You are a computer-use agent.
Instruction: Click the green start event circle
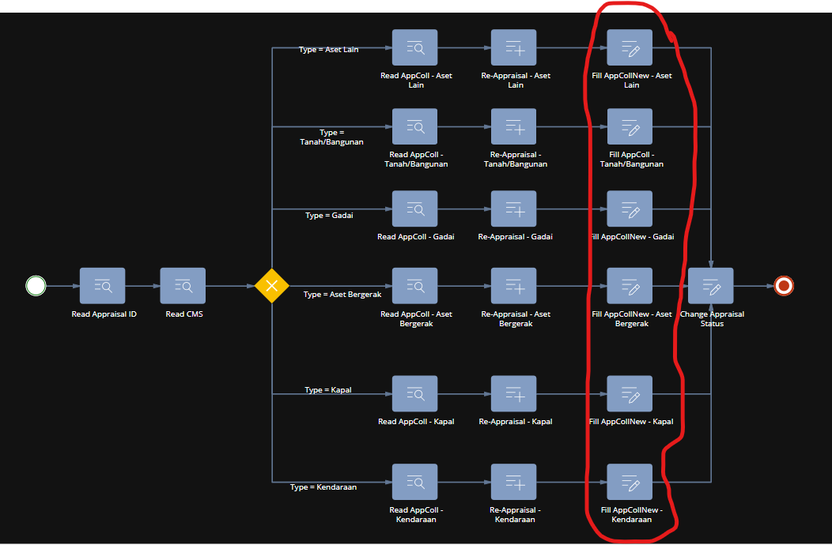click(x=36, y=285)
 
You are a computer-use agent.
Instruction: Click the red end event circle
click(x=784, y=285)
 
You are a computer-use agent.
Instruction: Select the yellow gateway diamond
click(x=271, y=285)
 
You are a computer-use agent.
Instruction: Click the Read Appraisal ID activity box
click(x=103, y=285)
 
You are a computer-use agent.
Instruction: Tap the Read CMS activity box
click(x=183, y=285)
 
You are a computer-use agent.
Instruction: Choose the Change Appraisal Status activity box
click(x=711, y=285)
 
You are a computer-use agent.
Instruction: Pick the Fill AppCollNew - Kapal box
click(x=630, y=393)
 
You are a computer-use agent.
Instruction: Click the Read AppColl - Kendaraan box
click(x=415, y=482)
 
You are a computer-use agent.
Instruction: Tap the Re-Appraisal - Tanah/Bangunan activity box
click(x=514, y=126)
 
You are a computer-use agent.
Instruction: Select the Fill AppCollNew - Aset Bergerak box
click(x=630, y=285)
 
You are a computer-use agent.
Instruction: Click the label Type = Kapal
click(x=328, y=390)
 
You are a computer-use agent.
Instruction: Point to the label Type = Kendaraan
click(x=323, y=487)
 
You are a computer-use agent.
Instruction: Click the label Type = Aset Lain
click(x=328, y=50)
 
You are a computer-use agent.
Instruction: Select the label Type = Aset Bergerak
click(x=342, y=295)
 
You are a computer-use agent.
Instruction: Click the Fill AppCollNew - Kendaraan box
click(x=630, y=482)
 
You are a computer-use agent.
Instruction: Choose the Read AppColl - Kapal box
click(x=415, y=393)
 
